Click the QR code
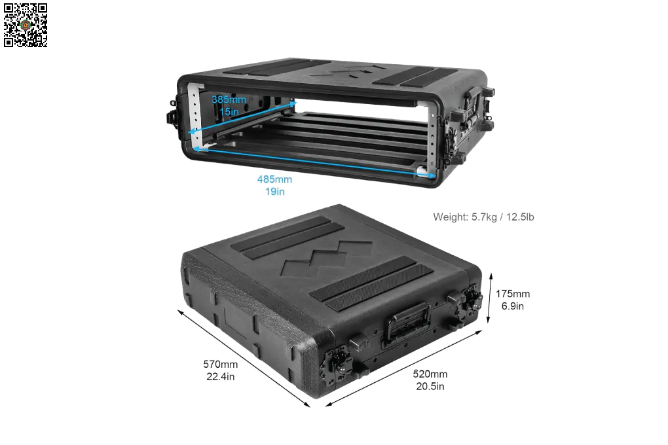click(x=26, y=25)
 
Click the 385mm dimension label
click(x=229, y=99)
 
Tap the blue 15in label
click(x=229, y=111)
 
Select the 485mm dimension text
click(x=274, y=179)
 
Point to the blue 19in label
click(x=275, y=192)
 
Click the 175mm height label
click(x=513, y=294)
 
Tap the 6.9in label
click(x=513, y=306)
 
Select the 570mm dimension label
click(x=220, y=365)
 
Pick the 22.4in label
click(x=220, y=377)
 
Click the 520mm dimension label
click(x=430, y=374)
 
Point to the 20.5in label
click(x=430, y=387)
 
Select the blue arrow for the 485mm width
click(x=314, y=162)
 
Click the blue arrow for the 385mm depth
click(x=242, y=118)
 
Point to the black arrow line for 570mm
click(x=244, y=359)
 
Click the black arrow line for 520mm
click(x=404, y=368)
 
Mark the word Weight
click(x=451, y=217)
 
